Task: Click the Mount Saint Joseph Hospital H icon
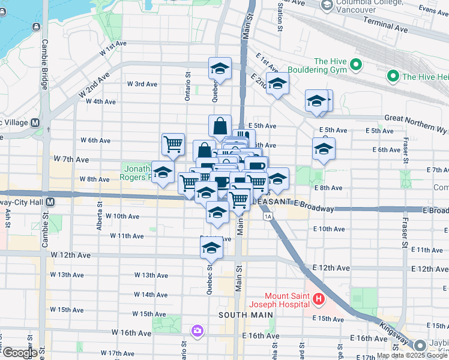pos(319,298)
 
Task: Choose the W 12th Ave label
pos(71,255)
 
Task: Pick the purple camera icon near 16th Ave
pos(197,331)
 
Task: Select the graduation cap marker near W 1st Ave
pos(220,69)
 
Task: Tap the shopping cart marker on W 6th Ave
pos(173,143)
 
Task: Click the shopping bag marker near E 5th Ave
pos(220,126)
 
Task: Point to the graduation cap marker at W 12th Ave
pos(211,247)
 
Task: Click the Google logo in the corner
pos(19,353)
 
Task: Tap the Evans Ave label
pos(434,10)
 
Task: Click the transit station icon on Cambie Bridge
pos(37,26)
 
